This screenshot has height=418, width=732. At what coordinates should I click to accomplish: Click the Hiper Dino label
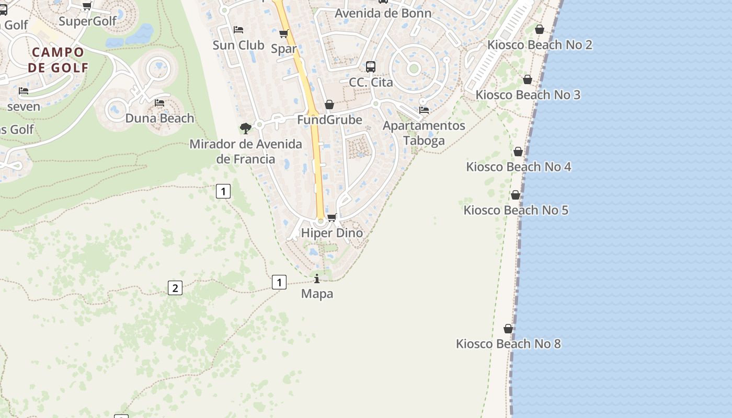click(x=332, y=233)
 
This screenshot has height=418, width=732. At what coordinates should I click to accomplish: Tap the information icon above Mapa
click(x=317, y=278)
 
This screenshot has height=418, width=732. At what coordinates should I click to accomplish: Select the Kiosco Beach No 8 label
click(x=508, y=344)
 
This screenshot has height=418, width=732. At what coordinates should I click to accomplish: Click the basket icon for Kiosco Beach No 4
click(x=518, y=152)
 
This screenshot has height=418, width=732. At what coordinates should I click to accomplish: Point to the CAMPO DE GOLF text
click(x=58, y=60)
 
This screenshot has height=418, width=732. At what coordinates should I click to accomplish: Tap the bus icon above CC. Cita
click(x=371, y=67)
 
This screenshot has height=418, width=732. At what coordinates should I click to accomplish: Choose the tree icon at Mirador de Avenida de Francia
click(x=245, y=128)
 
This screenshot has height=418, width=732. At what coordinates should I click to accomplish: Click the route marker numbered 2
click(x=175, y=287)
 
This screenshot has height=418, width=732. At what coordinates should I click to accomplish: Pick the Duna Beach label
click(x=159, y=118)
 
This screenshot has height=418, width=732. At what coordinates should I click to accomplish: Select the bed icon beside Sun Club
click(x=238, y=30)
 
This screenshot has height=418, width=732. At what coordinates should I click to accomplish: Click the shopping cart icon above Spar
click(x=284, y=34)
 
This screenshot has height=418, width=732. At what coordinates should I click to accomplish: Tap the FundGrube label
click(x=329, y=120)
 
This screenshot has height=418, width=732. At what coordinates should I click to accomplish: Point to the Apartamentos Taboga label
click(x=424, y=133)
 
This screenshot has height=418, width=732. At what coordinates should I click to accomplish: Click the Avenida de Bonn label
click(x=383, y=13)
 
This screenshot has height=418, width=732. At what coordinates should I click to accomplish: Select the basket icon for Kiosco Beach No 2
click(x=540, y=29)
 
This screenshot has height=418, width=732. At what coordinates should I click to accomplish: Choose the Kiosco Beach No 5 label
click(x=516, y=210)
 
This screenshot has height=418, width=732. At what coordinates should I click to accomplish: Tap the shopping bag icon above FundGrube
click(x=329, y=105)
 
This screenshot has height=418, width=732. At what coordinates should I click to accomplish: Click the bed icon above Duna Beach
click(x=159, y=103)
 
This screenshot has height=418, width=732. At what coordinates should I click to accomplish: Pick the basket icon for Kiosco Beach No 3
click(x=528, y=79)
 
